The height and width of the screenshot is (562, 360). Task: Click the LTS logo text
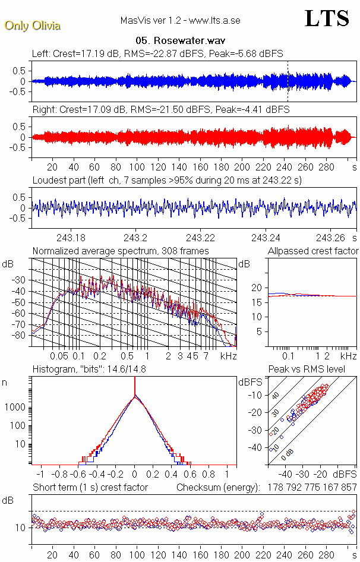(326, 18)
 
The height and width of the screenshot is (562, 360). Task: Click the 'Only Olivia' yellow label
(32, 26)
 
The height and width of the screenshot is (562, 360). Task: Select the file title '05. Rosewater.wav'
(179, 41)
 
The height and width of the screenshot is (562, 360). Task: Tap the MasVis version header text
(180, 20)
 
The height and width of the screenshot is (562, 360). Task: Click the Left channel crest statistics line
(157, 53)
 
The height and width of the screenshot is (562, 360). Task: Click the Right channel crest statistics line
(160, 110)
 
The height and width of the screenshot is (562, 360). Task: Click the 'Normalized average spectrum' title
(121, 251)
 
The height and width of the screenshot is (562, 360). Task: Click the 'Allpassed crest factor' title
(313, 251)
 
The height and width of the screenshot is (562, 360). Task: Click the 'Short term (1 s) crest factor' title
(90, 488)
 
